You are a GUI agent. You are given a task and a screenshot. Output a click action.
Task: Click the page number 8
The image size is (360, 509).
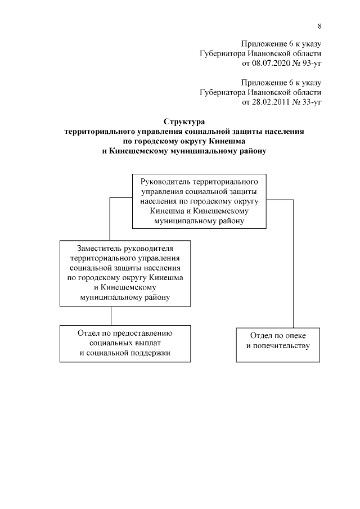(x=319, y=26)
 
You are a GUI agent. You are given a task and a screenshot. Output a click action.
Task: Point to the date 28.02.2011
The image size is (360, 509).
(x=264, y=102)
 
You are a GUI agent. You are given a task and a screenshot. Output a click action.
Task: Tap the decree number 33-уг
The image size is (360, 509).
(x=308, y=102)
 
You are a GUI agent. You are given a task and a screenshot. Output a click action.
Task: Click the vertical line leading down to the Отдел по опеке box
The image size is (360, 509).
(x=294, y=264)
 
